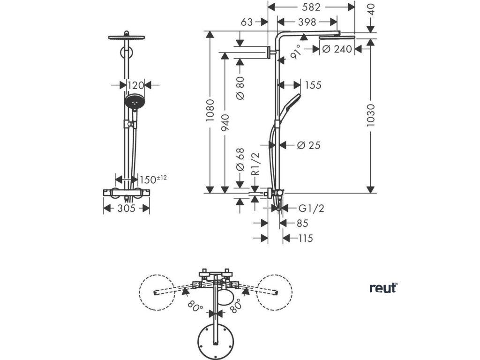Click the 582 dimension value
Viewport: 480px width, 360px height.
[311, 7]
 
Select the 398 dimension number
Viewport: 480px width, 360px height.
[307, 22]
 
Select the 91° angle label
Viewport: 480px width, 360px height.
[296, 53]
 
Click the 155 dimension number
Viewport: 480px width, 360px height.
[313, 85]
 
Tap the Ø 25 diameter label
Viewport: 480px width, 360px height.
[308, 145]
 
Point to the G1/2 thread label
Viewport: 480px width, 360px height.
[311, 208]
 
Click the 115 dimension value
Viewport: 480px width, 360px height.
[305, 238]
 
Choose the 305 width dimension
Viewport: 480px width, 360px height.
[126, 208]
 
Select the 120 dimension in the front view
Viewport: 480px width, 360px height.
[135, 85]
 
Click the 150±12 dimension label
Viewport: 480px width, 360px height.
[153, 180]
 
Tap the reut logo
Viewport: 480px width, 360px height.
[382, 288]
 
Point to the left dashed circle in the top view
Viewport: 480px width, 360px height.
[157, 292]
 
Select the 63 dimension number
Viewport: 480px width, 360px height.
[247, 22]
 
